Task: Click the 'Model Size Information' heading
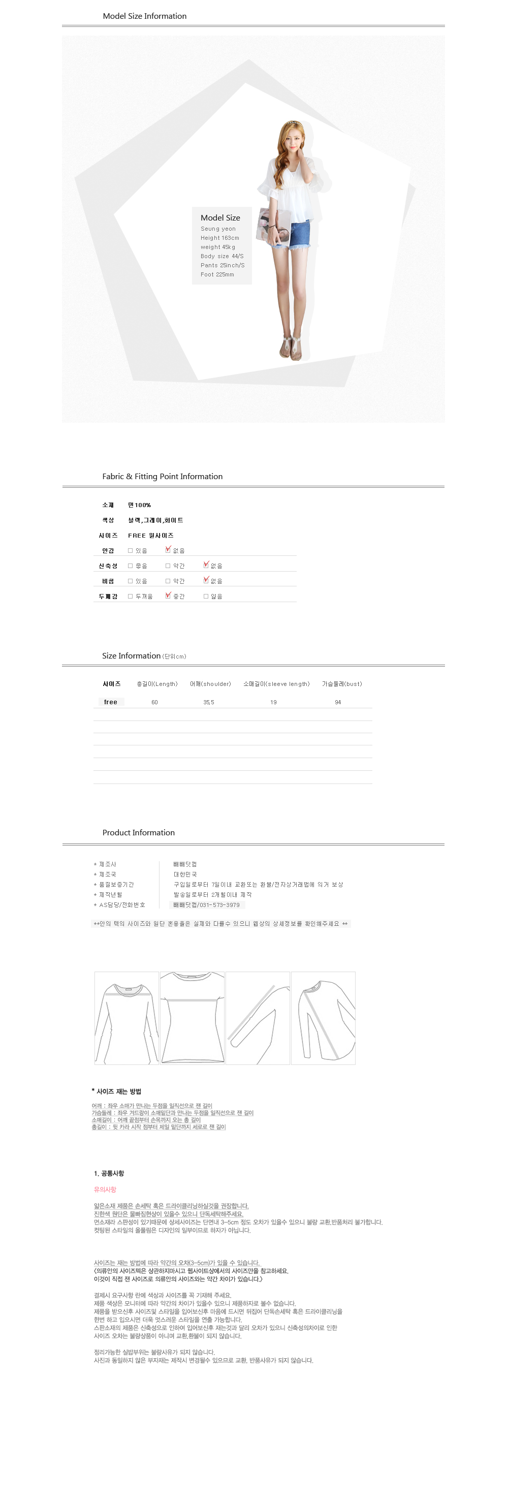(145, 16)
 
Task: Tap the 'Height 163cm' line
(219, 238)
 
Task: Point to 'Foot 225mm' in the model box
(217, 274)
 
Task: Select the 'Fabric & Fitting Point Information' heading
(162, 477)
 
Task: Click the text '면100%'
(139, 505)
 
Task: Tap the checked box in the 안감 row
(168, 550)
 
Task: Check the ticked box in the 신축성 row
(206, 565)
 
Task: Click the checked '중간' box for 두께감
(168, 596)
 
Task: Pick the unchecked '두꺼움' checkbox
(130, 597)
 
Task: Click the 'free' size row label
(110, 702)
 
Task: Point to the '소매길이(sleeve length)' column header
(276, 684)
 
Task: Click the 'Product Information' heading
(138, 833)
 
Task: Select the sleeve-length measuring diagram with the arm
(258, 1018)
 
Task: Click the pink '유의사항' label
(105, 1189)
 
